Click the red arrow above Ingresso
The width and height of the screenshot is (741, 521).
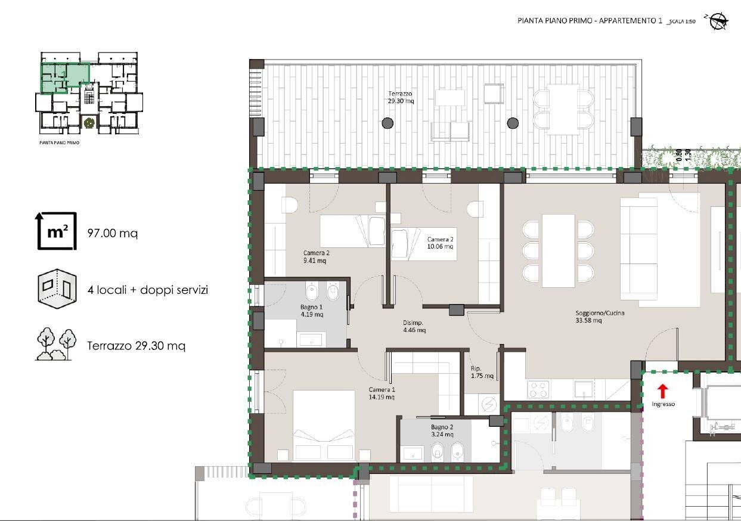[662, 391]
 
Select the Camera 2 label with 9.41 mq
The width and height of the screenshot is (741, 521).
[316, 256]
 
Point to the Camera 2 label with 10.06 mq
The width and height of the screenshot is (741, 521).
[440, 243]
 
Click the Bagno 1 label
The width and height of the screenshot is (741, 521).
[311, 311]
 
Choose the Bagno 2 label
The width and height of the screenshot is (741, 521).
[442, 431]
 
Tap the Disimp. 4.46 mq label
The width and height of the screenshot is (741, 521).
[414, 326]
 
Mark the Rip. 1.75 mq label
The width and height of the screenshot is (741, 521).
[482, 372]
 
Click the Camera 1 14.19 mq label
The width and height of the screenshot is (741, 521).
[382, 393]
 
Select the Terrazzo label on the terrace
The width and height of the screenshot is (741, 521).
[401, 97]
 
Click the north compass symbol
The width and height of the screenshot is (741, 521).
[717, 21]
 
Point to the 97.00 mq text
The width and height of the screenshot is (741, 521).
[112, 233]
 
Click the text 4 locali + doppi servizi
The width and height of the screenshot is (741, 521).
[147, 290]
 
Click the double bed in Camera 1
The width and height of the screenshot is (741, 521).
[324, 424]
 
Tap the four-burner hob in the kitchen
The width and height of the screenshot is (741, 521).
[538, 390]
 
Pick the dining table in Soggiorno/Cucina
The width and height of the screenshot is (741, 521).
[559, 247]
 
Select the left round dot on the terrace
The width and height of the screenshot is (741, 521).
[387, 123]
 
